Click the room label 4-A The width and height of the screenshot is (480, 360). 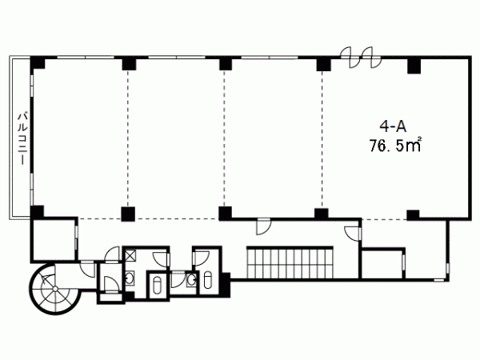point(393,126)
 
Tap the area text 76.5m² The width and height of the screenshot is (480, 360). point(395,145)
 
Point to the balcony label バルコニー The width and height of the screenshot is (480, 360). point(22,138)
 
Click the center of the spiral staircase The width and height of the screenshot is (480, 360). point(54,289)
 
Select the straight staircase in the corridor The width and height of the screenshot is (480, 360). point(290,262)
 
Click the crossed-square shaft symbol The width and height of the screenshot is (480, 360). point(130,255)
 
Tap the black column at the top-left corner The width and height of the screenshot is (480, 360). point(38,62)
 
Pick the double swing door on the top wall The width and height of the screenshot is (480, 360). point(362,58)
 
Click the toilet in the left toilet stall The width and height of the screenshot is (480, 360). point(158,286)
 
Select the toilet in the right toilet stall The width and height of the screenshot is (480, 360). point(207,279)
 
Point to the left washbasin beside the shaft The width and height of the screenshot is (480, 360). point(130,278)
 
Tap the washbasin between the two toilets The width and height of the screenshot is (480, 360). point(192,279)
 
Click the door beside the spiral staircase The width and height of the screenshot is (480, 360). point(88,270)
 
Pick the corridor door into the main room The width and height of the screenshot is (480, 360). point(263,227)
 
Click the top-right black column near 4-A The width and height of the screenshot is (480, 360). point(414,66)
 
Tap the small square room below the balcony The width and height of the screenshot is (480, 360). point(54,239)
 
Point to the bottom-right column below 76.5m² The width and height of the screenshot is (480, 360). point(413,215)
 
